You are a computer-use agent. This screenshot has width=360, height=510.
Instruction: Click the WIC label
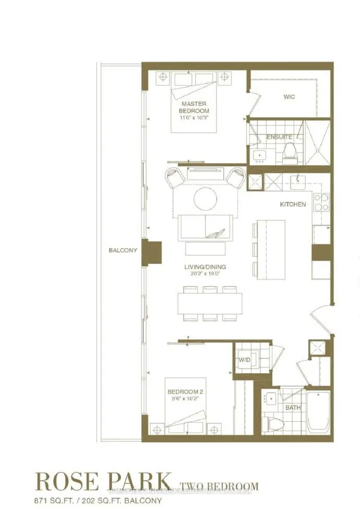point(290,97)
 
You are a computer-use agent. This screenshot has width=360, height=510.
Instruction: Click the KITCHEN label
point(292,204)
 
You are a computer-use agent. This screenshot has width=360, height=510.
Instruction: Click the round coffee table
point(205,199)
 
